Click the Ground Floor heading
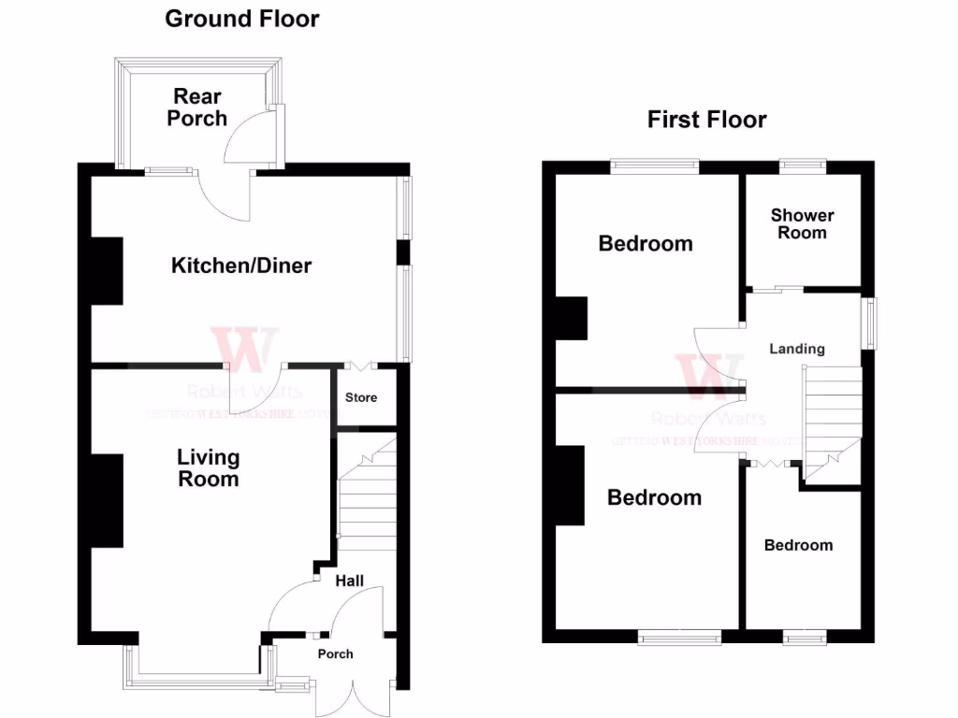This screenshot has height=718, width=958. tap(241, 19)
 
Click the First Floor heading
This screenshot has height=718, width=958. tap(706, 120)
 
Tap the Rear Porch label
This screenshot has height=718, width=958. tap(197, 108)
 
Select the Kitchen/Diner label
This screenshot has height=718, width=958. tap(241, 266)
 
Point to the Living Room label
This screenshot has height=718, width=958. tap(209, 468)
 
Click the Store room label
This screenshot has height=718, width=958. tap(361, 397)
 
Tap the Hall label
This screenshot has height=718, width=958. tap(350, 581)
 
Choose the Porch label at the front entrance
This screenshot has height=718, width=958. tap(335, 653)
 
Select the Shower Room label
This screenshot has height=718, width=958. tap(802, 224)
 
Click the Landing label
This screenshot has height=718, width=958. tap(797, 349)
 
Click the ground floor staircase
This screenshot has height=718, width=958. tap(367, 495)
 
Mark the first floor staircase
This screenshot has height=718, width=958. tap(832, 421)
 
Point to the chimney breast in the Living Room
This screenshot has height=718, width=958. tap(107, 500)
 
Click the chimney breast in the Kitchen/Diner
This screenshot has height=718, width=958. tap(107, 271)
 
